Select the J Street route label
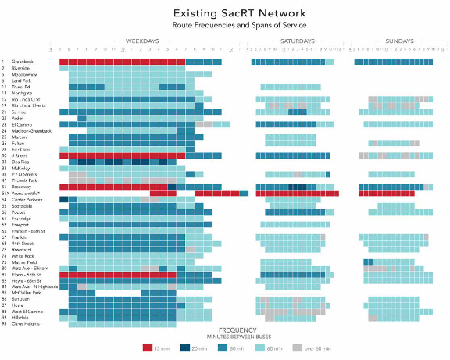(x=20, y=156)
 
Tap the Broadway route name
(x=20, y=187)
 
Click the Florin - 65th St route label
(x=25, y=274)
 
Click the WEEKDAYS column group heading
(x=142, y=41)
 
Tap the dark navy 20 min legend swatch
(x=188, y=348)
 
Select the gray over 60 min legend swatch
(x=298, y=348)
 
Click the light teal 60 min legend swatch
(x=262, y=348)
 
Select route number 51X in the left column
(x=5, y=193)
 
